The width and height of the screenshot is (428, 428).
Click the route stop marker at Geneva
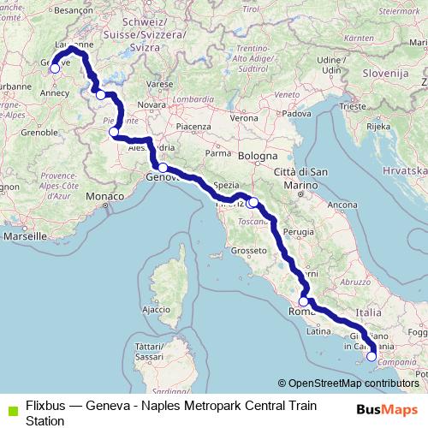pos(56,68)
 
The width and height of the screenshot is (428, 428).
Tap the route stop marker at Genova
pos(162,168)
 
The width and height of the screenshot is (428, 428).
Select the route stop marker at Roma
pos(303,302)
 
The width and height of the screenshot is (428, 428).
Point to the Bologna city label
pos(258,157)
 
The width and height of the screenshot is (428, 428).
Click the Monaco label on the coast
pos(104,197)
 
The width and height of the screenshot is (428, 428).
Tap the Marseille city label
pos(23,235)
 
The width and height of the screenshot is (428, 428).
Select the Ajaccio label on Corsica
pos(157,308)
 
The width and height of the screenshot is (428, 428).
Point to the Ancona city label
pos(342,205)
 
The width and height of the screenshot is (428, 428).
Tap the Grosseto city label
pos(249,251)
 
